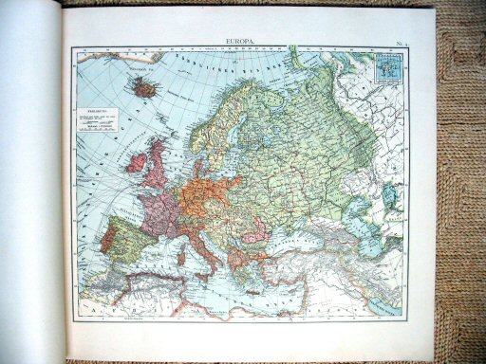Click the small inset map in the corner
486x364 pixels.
pos(389,70)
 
